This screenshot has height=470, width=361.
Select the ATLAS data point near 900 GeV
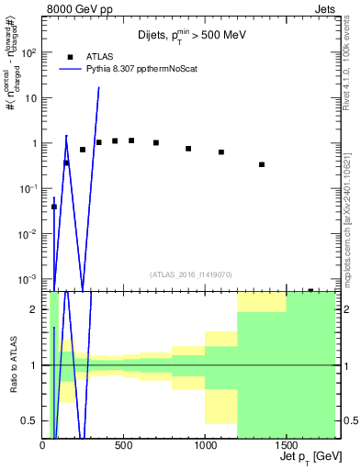[188, 148]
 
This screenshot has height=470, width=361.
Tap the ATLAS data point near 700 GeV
[156, 142]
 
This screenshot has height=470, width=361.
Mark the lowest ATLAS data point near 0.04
[53, 207]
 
